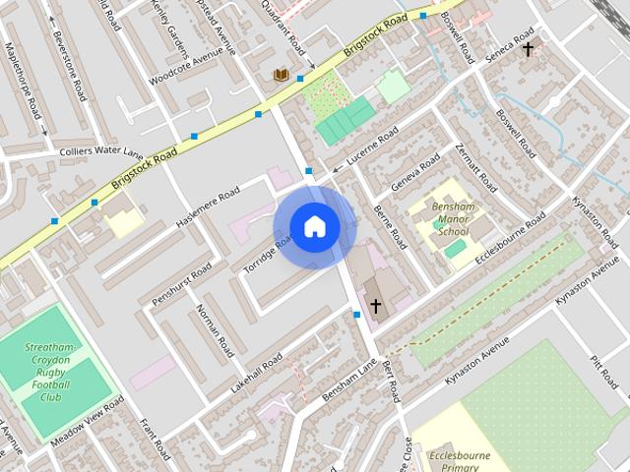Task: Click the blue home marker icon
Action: pos(313,227)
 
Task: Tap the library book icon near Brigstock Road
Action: pos(281,75)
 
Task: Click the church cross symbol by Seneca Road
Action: pos(529,48)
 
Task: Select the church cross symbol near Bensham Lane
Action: pos(375,307)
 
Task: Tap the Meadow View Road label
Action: pos(89,422)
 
